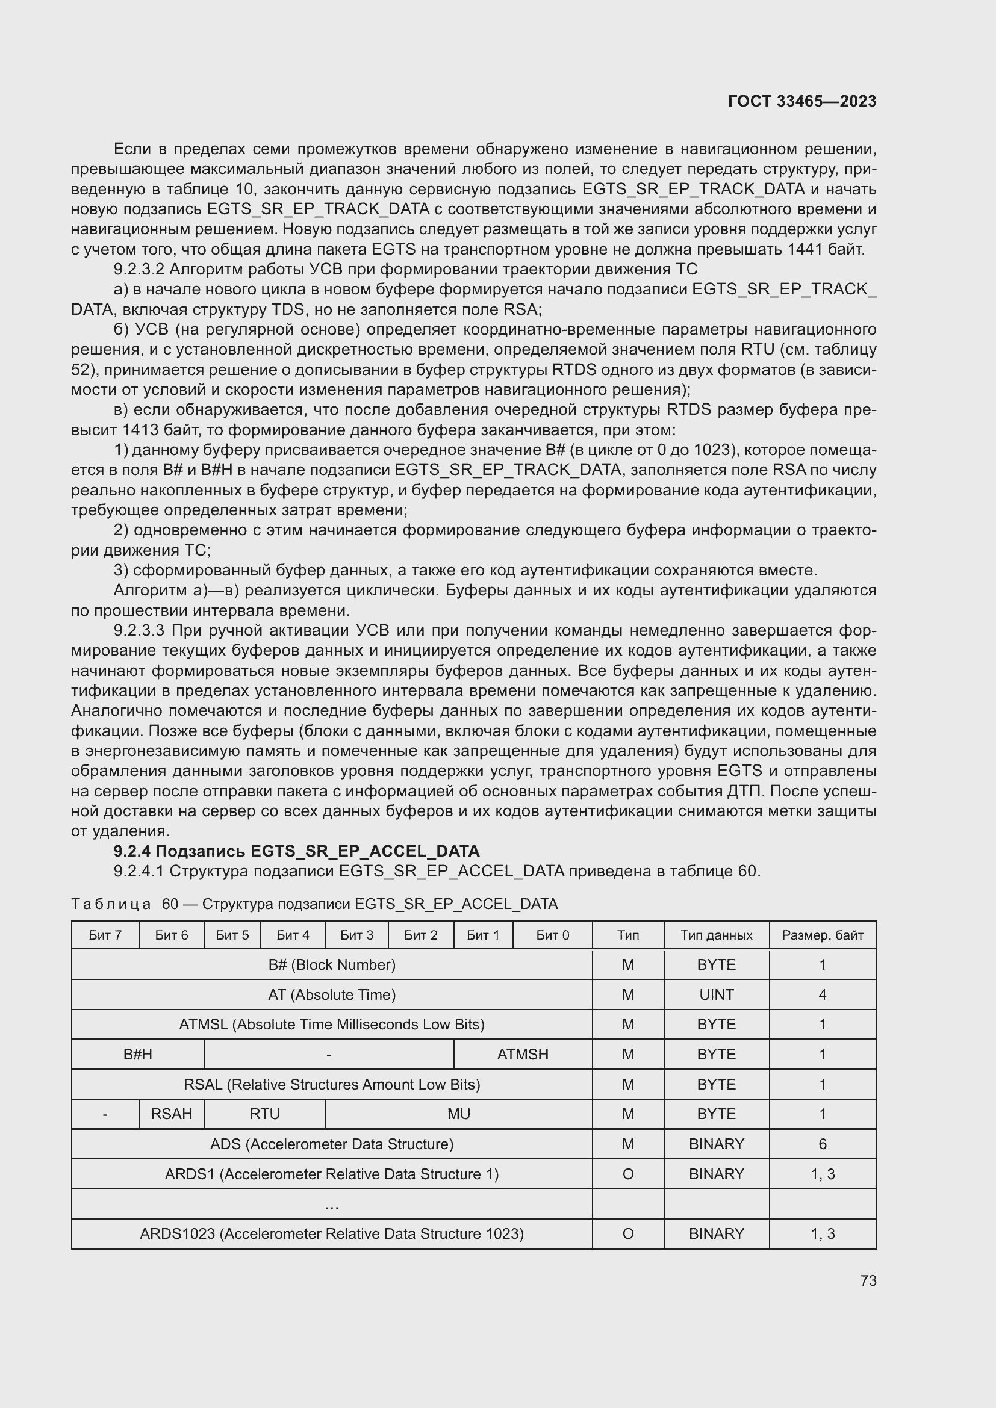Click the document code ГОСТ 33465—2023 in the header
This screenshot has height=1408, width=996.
(801, 101)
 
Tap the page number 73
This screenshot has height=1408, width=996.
(868, 1280)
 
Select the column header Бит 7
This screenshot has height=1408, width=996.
(105, 935)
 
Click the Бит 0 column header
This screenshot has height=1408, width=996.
(552, 935)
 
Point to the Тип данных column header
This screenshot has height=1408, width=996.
(716, 935)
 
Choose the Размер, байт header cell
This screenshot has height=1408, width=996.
(822, 935)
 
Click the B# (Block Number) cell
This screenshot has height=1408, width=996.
(332, 964)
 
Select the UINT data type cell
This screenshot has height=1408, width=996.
(716, 994)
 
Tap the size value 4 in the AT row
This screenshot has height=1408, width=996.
(822, 994)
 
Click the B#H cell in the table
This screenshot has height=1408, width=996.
(137, 1054)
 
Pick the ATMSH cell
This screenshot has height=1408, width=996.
(523, 1054)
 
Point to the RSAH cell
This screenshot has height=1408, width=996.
(171, 1114)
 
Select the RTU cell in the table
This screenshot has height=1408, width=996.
(264, 1114)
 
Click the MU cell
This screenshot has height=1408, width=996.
(458, 1114)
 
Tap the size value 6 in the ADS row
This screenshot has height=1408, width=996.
(822, 1144)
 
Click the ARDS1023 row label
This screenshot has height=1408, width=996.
(332, 1233)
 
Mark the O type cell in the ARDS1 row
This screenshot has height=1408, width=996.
(627, 1174)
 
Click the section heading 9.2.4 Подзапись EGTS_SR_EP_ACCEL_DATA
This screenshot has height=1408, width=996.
(296, 851)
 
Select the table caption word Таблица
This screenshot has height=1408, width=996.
(111, 904)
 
